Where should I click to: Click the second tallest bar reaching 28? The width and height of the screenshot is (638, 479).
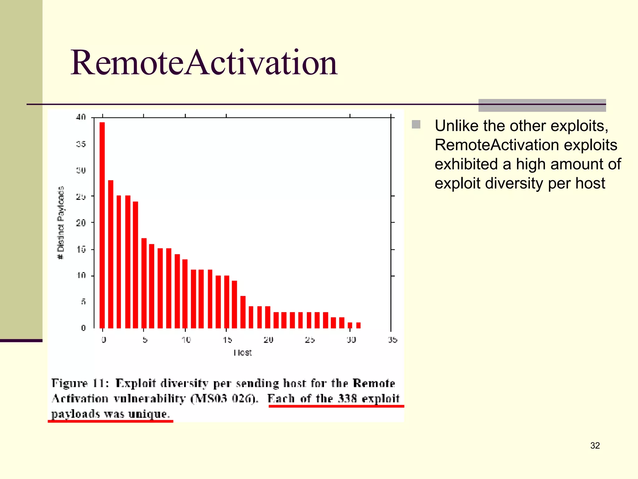click(111, 254)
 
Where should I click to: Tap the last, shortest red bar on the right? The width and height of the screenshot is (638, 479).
click(358, 325)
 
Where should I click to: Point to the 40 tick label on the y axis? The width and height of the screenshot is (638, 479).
click(81, 117)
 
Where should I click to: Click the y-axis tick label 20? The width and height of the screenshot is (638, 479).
click(81, 223)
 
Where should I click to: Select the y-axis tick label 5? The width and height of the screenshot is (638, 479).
click(83, 302)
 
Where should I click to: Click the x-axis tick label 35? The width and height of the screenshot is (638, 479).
click(393, 340)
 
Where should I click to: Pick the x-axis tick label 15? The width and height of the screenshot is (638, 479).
click(227, 340)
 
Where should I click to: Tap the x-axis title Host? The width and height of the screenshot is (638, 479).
click(242, 353)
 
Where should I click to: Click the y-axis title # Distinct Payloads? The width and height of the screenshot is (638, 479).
click(61, 223)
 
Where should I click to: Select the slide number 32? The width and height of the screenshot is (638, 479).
click(595, 445)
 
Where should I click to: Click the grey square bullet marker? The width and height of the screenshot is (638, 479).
click(416, 124)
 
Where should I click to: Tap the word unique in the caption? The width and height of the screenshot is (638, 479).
click(148, 414)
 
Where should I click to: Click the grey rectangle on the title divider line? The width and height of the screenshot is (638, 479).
click(542, 105)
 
